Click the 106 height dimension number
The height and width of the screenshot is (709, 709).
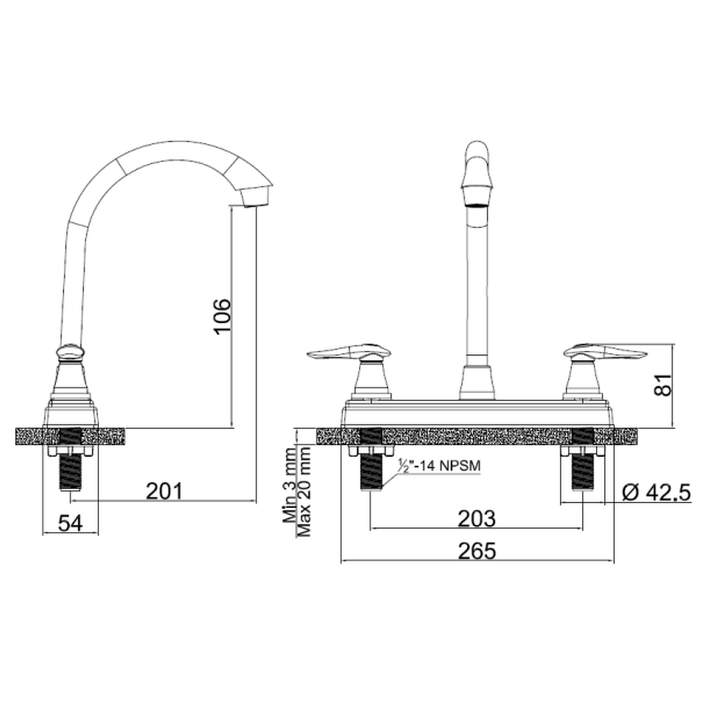[222, 317]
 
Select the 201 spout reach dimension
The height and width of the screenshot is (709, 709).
[164, 491]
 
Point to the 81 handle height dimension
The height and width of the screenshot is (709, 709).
[663, 385]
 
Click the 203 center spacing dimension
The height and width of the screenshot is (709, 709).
[476, 518]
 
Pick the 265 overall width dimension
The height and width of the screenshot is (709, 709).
[477, 551]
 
